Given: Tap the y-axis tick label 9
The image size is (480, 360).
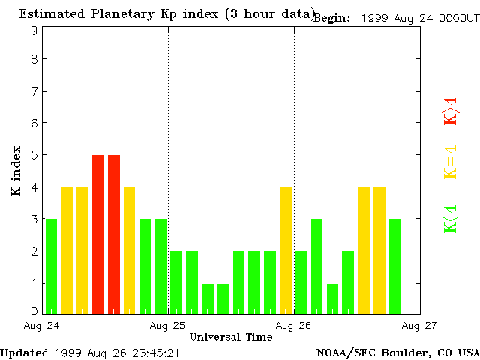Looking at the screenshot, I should pyautogui.click(x=34, y=31).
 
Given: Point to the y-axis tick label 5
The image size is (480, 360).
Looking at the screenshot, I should pyautogui.click(x=34, y=155).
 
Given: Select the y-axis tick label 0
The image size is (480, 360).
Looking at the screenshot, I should pyautogui.click(x=34, y=310).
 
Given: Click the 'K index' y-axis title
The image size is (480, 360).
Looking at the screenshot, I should pyautogui.click(x=16, y=172).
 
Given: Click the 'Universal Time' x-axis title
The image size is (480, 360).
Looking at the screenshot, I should pyautogui.click(x=231, y=337).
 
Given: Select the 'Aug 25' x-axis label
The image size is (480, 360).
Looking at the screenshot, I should pyautogui.click(x=168, y=325).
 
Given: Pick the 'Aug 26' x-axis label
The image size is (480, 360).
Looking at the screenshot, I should pyautogui.click(x=294, y=325).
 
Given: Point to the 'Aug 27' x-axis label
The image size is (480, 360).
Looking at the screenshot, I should pyautogui.click(x=419, y=325).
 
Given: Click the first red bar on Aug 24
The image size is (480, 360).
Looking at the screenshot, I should pyautogui.click(x=98, y=234).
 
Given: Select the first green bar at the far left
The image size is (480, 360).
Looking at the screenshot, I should pyautogui.click(x=51, y=265).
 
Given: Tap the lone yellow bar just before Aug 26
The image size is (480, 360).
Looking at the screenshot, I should pyautogui.click(x=286, y=250).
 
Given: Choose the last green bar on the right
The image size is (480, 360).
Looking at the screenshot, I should pyautogui.click(x=394, y=265).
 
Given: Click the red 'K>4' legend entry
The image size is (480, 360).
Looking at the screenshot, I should pyautogui.click(x=451, y=112).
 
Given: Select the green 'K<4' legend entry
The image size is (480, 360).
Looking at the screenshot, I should pyautogui.click(x=451, y=219).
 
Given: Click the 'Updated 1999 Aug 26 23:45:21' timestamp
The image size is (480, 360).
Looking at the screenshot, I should pyautogui.click(x=89, y=352).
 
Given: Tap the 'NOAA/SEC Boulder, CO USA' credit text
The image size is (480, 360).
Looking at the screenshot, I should pyautogui.click(x=397, y=352).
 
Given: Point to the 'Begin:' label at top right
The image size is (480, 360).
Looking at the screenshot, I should pyautogui.click(x=331, y=18).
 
